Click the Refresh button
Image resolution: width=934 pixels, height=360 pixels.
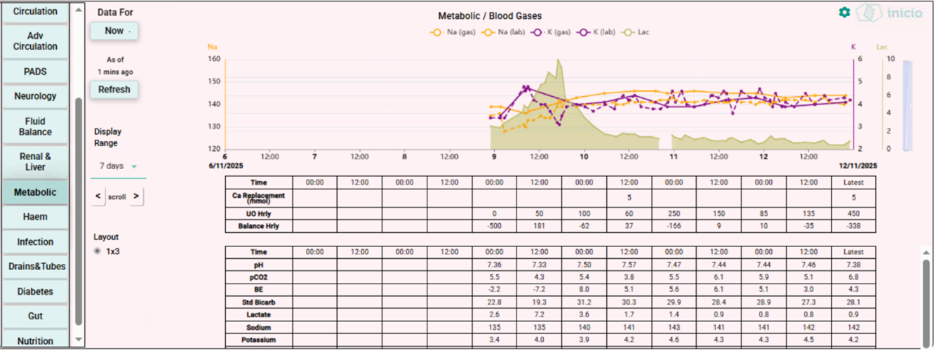click(114, 90)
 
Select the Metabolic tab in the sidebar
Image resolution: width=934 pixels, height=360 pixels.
click(35, 192)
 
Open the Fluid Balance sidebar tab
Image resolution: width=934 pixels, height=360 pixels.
click(35, 126)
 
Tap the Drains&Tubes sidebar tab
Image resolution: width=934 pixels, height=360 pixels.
click(35, 267)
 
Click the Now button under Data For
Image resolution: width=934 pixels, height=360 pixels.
click(114, 31)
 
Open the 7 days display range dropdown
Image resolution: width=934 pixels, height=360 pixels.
click(116, 166)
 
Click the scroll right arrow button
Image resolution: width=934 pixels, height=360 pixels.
click(136, 197)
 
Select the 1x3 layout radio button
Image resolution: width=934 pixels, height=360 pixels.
click(98, 251)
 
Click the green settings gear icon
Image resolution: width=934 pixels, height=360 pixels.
click(844, 13)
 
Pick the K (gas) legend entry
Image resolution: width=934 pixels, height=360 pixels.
click(552, 32)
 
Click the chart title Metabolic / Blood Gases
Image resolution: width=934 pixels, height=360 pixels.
click(490, 16)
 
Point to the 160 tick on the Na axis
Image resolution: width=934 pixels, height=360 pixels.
click(214, 59)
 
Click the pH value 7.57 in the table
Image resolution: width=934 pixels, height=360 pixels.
click(629, 265)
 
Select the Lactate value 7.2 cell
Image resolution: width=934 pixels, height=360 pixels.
click(539, 315)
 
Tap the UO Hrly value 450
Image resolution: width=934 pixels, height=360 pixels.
click(853, 213)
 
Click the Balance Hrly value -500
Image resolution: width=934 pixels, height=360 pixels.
click(494, 226)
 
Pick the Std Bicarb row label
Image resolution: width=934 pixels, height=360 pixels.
click(258, 302)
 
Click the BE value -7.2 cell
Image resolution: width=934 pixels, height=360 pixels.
click(539, 290)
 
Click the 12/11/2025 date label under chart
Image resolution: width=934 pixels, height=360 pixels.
click(858, 166)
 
